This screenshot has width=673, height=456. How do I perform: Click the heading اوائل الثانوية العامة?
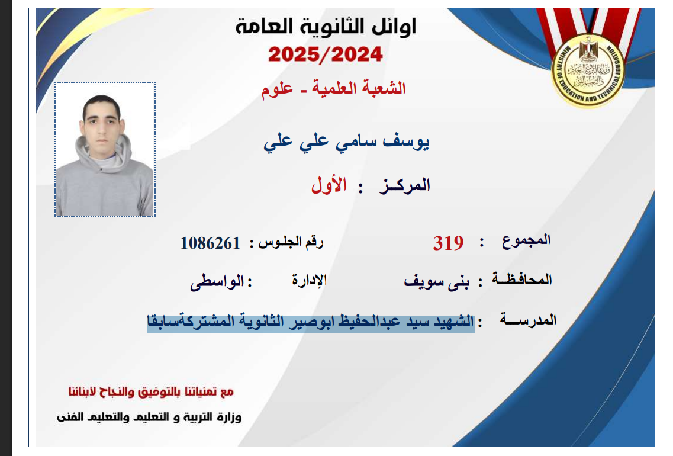click(x=326, y=27)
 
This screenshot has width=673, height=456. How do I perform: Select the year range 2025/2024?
click(x=326, y=54)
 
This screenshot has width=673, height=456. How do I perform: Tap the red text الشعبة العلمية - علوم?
click(x=333, y=88)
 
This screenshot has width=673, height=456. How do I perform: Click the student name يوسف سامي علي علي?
click(x=346, y=142)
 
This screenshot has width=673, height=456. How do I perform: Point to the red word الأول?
click(x=329, y=185)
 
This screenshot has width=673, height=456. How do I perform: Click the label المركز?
click(x=404, y=185)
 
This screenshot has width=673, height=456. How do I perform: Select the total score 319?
click(x=448, y=243)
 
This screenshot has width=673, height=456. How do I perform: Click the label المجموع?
click(x=526, y=240)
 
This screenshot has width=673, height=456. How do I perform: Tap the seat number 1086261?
click(x=210, y=243)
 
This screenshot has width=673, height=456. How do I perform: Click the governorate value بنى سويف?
click(x=437, y=282)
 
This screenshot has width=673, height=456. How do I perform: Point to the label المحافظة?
click(x=522, y=279)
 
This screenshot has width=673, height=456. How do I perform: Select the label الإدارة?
click(x=310, y=280)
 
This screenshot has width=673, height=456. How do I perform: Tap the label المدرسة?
click(x=528, y=320)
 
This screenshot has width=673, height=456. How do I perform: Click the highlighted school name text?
click(x=310, y=322)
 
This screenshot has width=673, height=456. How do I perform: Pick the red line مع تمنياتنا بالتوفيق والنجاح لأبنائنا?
click(x=151, y=391)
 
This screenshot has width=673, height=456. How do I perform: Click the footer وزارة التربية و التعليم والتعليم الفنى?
click(x=149, y=417)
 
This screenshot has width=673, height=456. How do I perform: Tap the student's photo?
click(x=105, y=149)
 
